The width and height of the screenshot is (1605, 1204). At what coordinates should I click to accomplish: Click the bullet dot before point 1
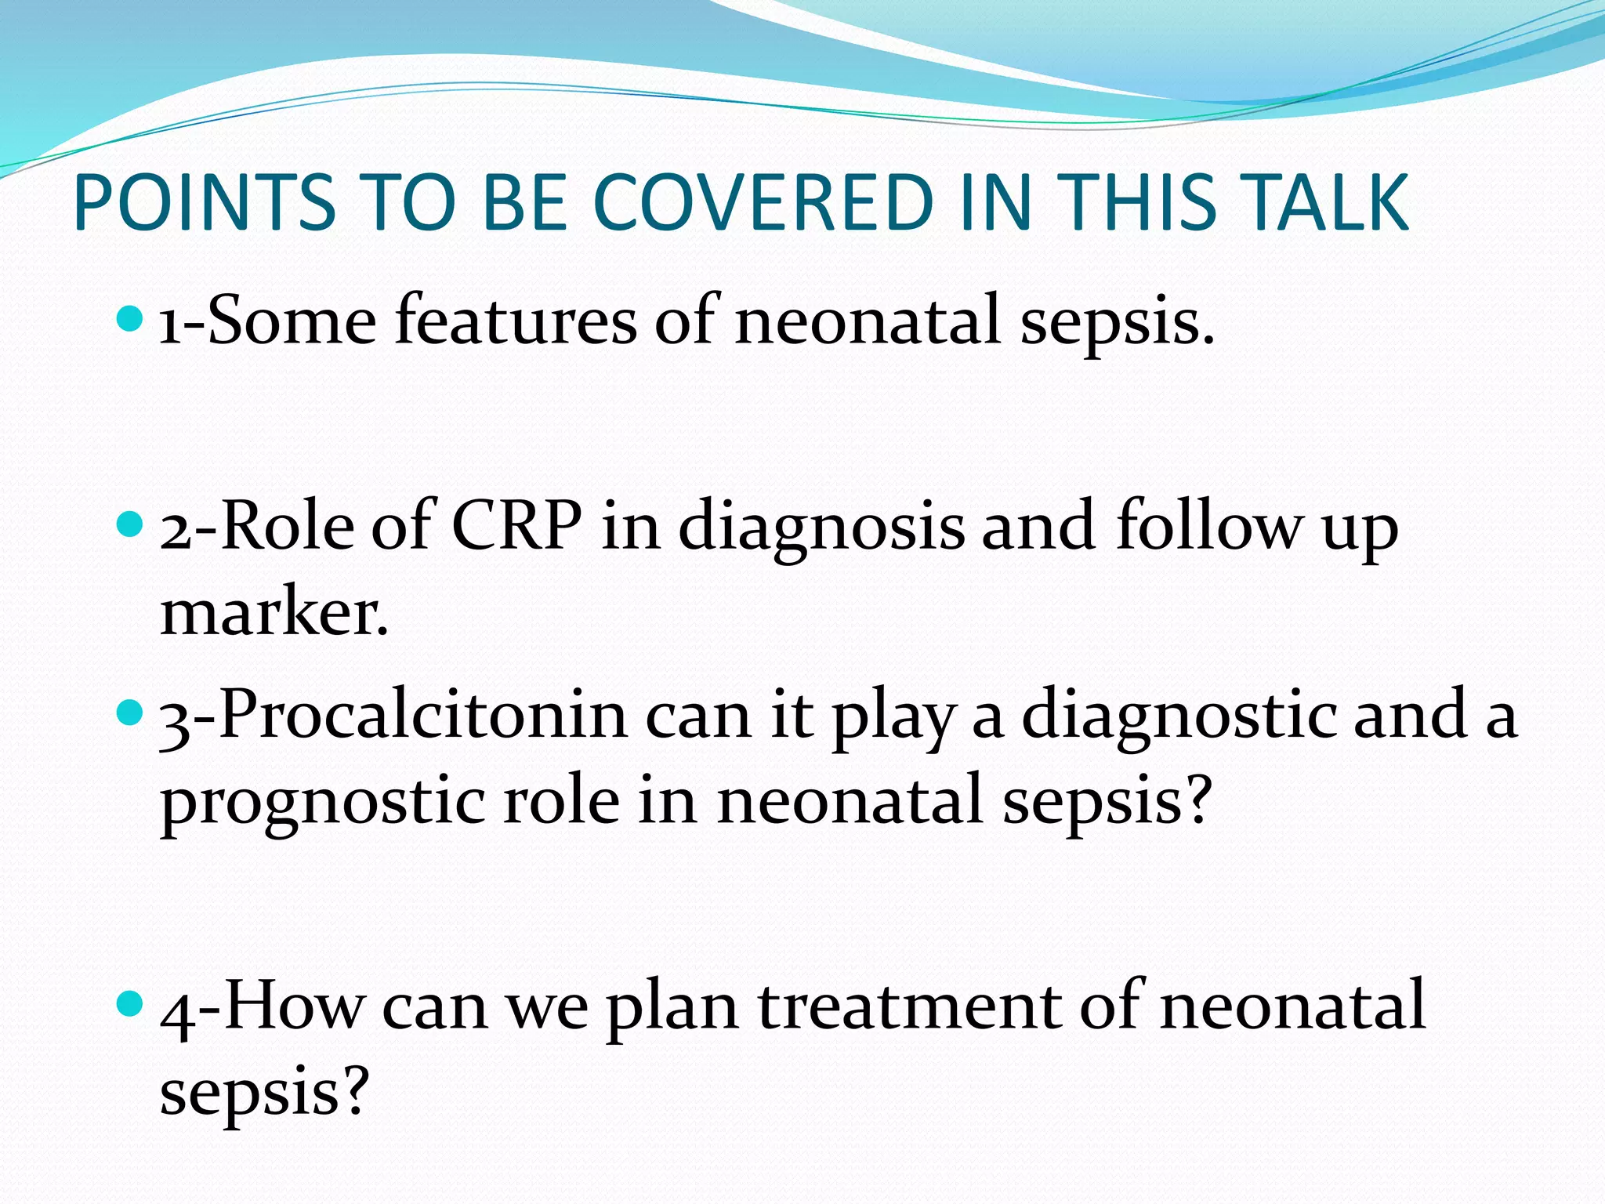tap(129, 317)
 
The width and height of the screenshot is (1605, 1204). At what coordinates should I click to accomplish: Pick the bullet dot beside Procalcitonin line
tap(129, 713)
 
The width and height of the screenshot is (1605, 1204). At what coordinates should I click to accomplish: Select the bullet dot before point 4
tap(129, 1002)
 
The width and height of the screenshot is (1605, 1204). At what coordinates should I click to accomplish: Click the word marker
tap(274, 612)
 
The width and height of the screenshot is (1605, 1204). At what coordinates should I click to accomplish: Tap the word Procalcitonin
tap(423, 715)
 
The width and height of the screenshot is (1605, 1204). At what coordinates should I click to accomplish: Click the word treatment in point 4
tap(910, 1006)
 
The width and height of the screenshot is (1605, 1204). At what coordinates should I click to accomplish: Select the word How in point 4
tap(294, 1006)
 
